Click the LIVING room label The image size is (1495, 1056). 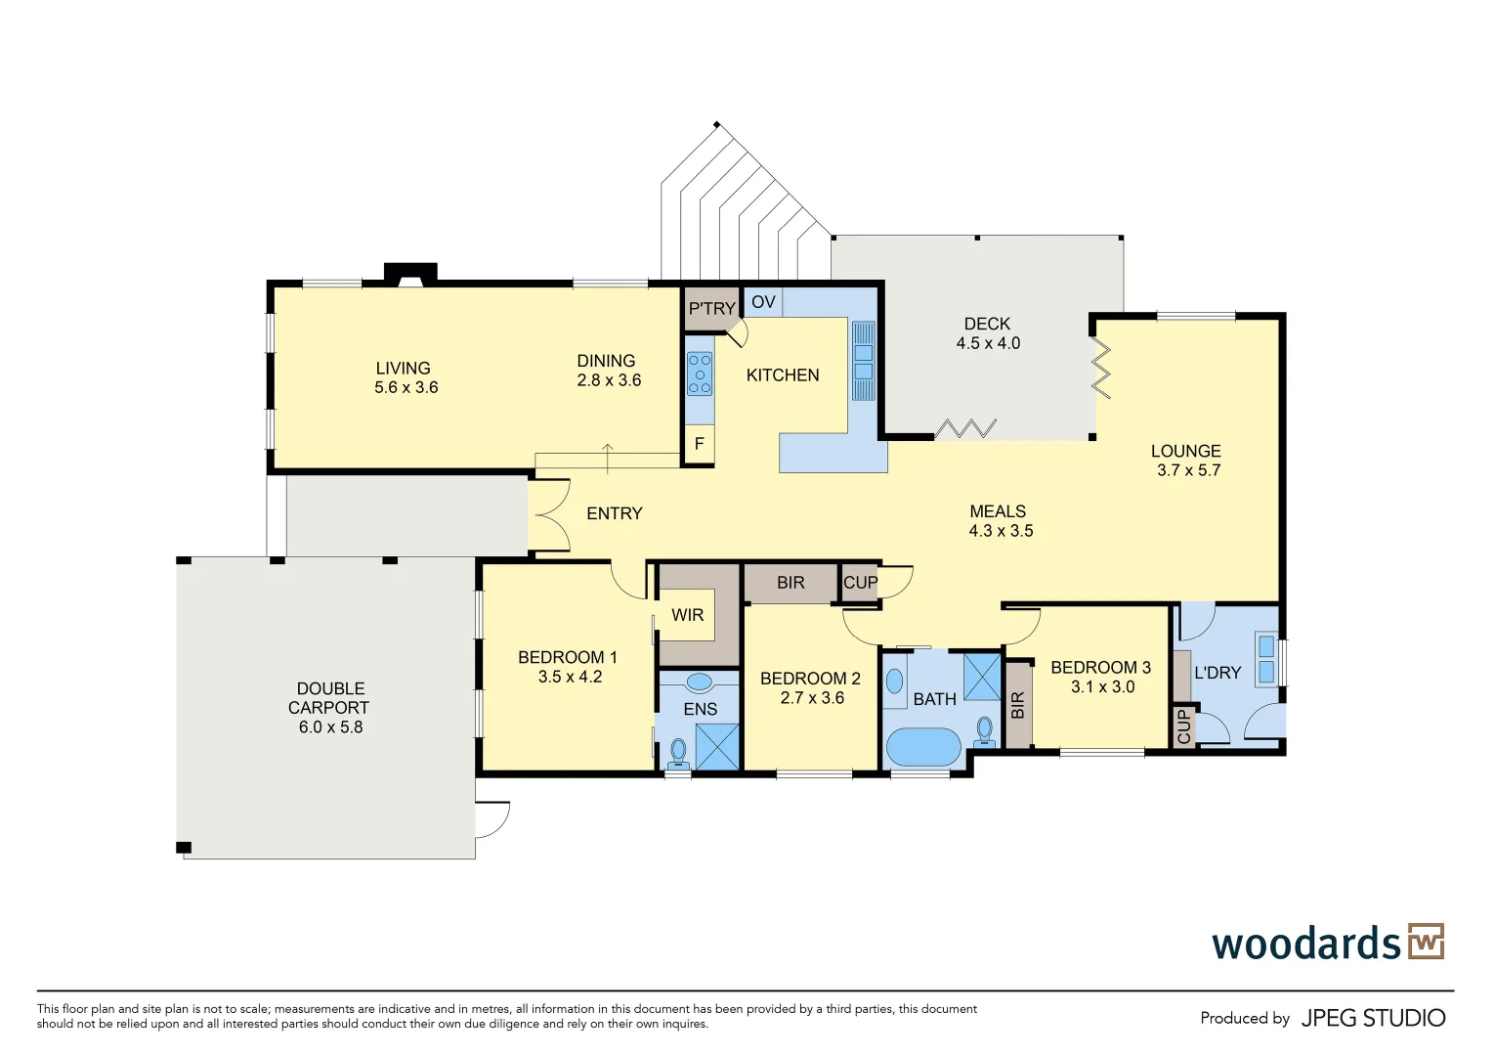(x=403, y=369)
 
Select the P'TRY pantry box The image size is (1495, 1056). (x=710, y=309)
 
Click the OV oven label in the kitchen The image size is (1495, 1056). (x=763, y=302)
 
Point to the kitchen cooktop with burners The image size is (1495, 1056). (x=700, y=374)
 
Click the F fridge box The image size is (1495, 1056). (x=700, y=444)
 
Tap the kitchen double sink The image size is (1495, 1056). (x=864, y=360)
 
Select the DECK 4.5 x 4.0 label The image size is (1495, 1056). (x=987, y=333)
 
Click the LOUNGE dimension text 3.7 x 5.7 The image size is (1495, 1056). (x=1188, y=470)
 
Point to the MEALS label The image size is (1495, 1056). (x=998, y=511)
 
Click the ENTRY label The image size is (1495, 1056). (x=614, y=513)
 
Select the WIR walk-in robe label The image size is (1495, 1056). (x=687, y=615)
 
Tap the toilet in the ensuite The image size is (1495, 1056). (x=677, y=753)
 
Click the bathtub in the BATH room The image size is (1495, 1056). (x=923, y=747)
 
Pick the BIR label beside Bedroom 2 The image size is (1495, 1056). (x=790, y=583)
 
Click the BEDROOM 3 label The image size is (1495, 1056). (x=1100, y=668)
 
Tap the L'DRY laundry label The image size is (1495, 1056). (x=1217, y=673)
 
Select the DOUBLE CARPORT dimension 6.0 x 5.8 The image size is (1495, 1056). (x=330, y=727)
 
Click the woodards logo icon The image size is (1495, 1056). (x=1426, y=942)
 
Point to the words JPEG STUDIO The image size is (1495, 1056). (x=1373, y=1018)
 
